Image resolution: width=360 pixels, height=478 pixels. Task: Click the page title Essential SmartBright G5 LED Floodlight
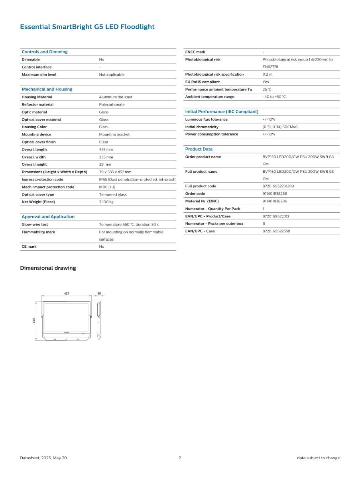coord(87,27)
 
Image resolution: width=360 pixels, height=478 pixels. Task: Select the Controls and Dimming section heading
coord(45,52)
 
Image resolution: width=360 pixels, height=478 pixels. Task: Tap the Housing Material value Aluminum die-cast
coord(115,97)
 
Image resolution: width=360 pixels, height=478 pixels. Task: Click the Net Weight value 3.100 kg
coord(106,202)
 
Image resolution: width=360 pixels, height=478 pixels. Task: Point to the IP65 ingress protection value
coord(137,180)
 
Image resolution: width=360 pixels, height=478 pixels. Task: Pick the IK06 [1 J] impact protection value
coord(107,187)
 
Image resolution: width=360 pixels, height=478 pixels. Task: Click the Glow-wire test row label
coord(35,225)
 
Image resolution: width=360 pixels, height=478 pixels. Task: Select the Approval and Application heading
coord(48,217)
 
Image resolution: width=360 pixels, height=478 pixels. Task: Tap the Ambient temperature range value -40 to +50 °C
coord(274,97)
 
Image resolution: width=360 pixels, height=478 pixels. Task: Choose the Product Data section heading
coord(199,149)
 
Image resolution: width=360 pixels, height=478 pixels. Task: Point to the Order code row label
coord(195,194)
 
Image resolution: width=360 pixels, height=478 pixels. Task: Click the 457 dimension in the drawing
coord(67,294)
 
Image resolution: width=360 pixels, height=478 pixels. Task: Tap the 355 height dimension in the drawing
coord(34,320)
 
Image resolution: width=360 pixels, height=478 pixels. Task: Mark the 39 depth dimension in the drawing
coord(99,294)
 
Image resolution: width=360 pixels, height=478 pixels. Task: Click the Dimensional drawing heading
coord(48,268)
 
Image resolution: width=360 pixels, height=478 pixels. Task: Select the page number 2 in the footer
coord(180,458)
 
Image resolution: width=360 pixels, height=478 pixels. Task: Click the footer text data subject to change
coord(318,458)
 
